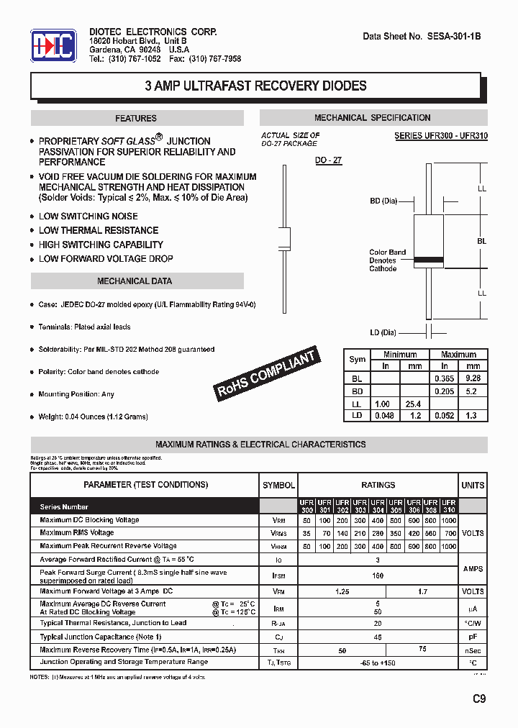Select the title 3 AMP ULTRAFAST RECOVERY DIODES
point(255,86)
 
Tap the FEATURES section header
point(136,119)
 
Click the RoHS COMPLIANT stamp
point(266,374)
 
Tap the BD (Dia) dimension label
point(384,201)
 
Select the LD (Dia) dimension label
point(384,332)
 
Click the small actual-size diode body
point(285,238)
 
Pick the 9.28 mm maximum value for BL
point(472,377)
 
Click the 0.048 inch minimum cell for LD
point(385,416)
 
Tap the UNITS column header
point(473,485)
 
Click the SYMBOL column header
point(278,485)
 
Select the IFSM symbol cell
point(278,576)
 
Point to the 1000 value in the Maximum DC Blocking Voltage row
point(448,520)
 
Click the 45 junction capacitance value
point(378,637)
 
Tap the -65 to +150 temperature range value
point(378,663)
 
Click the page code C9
point(478,698)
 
